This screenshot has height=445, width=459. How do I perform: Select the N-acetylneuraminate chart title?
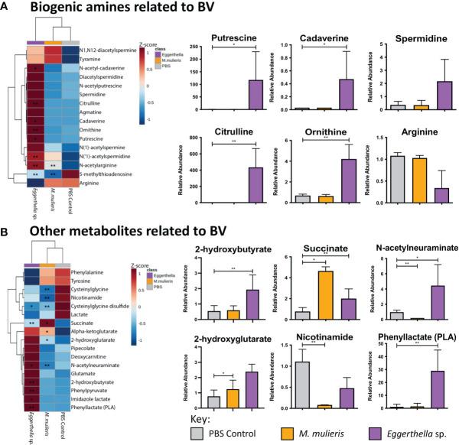pyautogui.click(x=417, y=247)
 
